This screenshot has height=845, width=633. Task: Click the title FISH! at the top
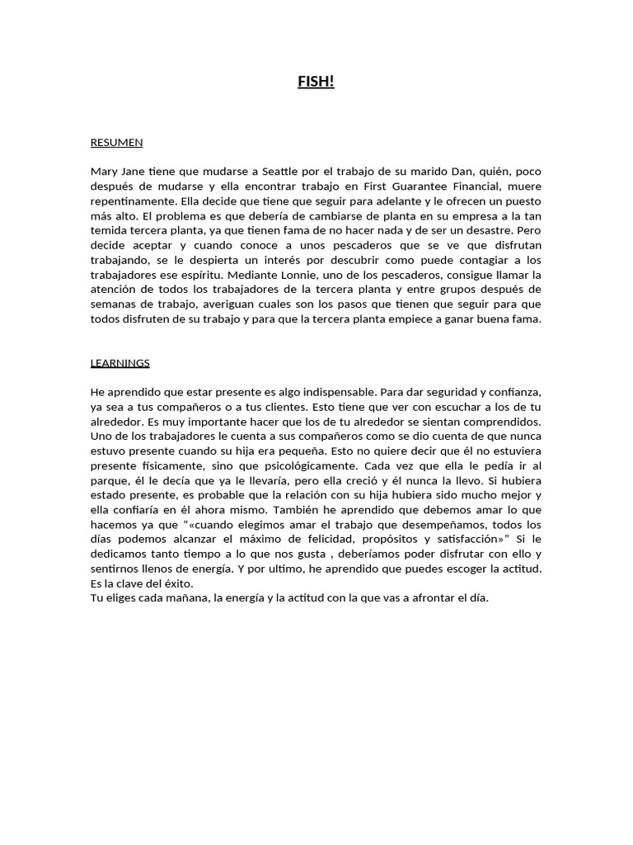pyautogui.click(x=316, y=82)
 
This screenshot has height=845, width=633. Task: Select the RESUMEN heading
pyautogui.click(x=116, y=143)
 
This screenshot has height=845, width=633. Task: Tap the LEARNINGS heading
pyautogui.click(x=120, y=363)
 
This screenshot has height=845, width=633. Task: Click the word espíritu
pyautogui.click(x=210, y=276)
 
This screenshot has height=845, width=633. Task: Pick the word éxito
pyautogui.click(x=176, y=584)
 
